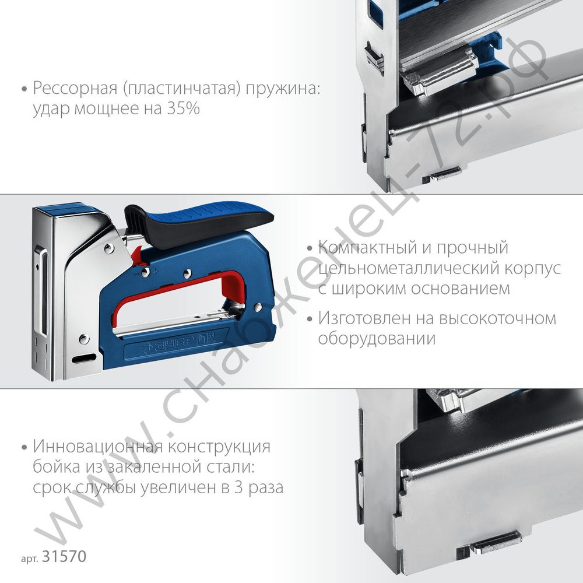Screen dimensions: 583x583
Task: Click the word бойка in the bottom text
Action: click(54, 467)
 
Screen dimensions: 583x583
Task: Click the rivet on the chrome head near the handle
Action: click(109, 251)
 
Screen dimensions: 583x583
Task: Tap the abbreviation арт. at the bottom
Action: click(29, 559)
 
